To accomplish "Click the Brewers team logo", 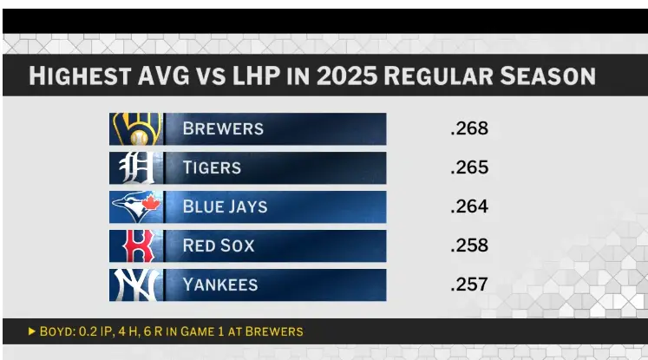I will click(x=135, y=129).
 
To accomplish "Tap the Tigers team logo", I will click(x=135, y=167).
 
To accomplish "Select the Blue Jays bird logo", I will click(x=135, y=206).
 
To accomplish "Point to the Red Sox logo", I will click(x=135, y=245).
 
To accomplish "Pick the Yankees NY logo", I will click(x=135, y=285).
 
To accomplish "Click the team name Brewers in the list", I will click(x=223, y=129).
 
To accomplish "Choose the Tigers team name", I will click(x=212, y=167).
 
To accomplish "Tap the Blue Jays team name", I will click(x=225, y=206).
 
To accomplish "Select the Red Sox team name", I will click(x=219, y=245).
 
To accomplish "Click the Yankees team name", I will click(x=220, y=285).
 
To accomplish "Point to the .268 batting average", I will click(x=469, y=129).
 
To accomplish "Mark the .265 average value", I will click(x=469, y=167).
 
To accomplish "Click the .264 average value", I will click(x=469, y=206).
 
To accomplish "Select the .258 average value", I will click(x=469, y=245).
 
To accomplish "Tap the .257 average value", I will click(x=469, y=285).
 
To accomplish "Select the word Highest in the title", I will click(x=75, y=76).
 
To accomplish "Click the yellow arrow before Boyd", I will click(x=32, y=331).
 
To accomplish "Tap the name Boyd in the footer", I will click(x=56, y=331).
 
